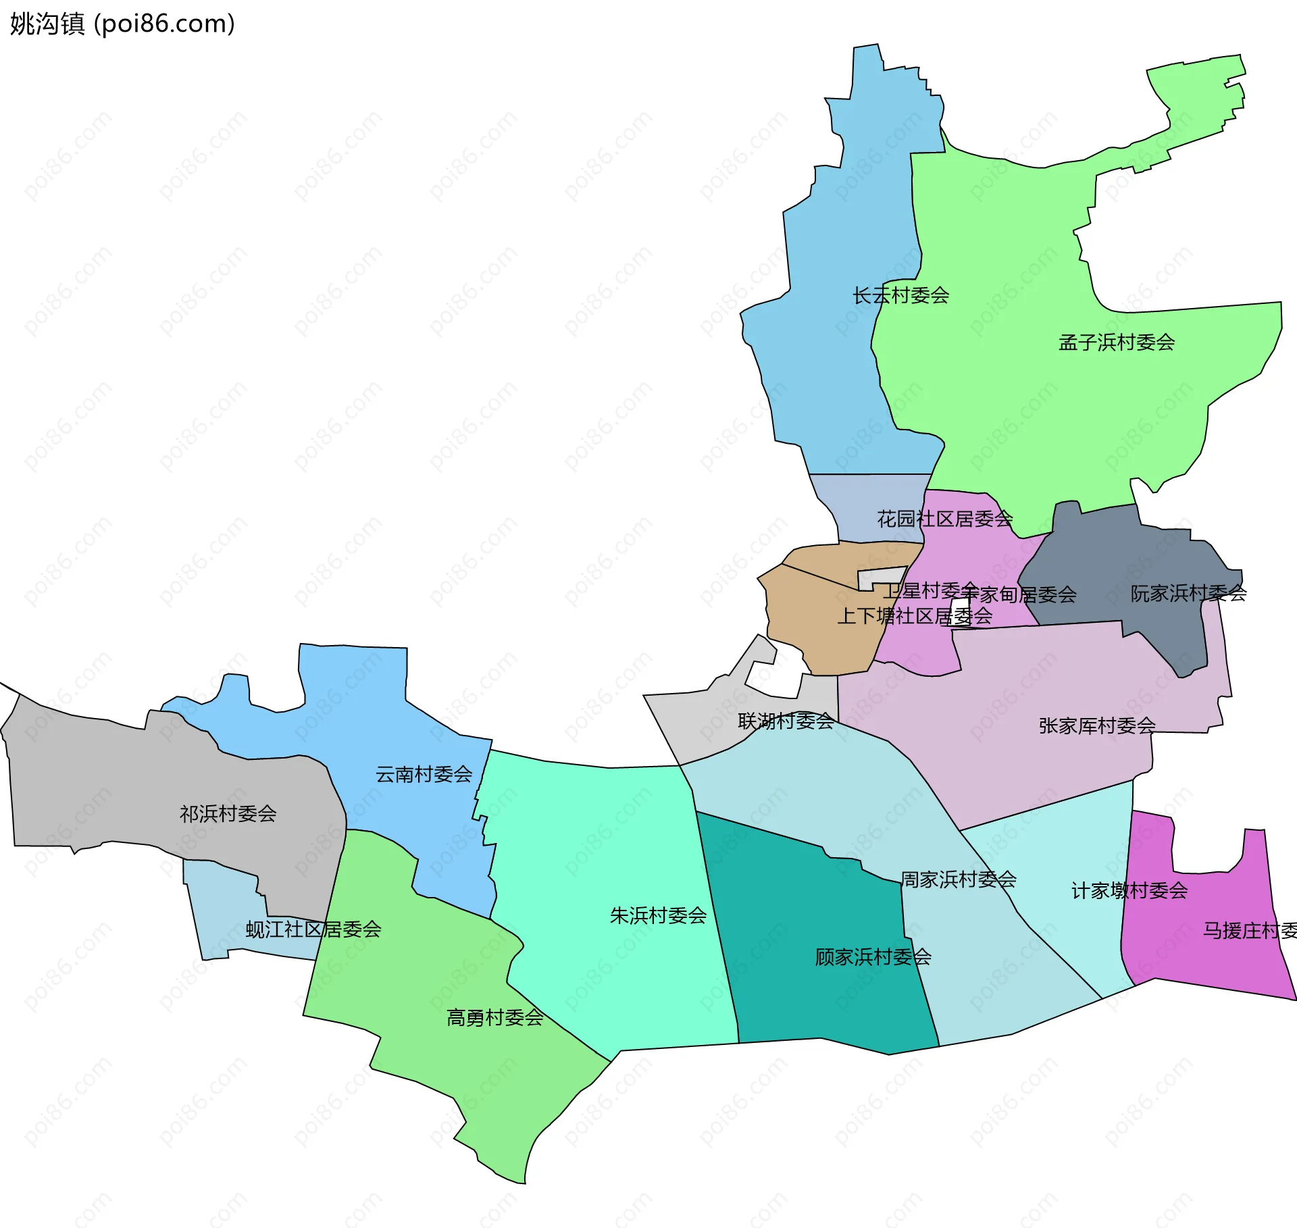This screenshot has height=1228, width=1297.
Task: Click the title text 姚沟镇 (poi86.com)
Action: (122, 24)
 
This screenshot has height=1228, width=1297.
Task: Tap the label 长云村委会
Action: (900, 295)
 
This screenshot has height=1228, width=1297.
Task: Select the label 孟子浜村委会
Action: (1116, 342)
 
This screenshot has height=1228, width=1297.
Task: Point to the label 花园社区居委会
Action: (944, 519)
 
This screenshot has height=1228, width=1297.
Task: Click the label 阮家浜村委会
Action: (1188, 594)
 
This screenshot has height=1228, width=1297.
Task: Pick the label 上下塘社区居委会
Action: (915, 616)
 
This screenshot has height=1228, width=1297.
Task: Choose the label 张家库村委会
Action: (1097, 725)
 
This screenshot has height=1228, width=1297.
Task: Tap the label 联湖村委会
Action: (786, 721)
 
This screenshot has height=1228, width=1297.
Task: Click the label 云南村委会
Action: (424, 774)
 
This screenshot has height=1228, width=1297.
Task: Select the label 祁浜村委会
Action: (228, 813)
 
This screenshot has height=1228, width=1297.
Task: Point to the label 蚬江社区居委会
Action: (313, 929)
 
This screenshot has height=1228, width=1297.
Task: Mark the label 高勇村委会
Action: (494, 1017)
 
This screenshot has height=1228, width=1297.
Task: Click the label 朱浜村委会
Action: (658, 915)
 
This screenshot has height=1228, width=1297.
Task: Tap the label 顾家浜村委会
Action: (873, 956)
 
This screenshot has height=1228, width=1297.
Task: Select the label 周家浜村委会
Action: (958, 879)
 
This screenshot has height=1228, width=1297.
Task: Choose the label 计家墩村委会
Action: (1129, 890)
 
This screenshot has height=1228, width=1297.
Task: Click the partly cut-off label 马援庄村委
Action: (1249, 931)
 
